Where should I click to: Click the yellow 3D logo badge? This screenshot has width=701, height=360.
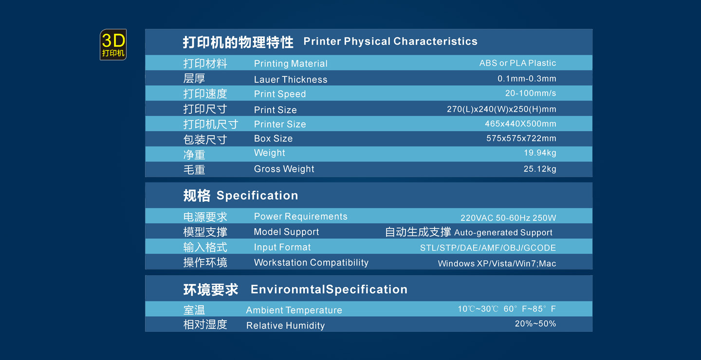pos(113,44)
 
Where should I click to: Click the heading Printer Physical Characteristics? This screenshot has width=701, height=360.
pos(390,41)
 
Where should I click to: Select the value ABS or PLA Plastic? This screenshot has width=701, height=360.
pos(517,63)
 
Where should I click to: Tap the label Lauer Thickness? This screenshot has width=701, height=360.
pos(291,79)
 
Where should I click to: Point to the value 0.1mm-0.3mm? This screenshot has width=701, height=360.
pos(527,78)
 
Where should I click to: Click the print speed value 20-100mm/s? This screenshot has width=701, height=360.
pos(531,93)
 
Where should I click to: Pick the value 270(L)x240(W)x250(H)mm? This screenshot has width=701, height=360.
pos(501,109)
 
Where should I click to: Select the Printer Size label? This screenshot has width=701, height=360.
pos(280,124)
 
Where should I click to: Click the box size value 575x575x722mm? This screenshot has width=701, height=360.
pos(521,138)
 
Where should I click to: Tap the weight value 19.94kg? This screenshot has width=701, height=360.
pos(540,153)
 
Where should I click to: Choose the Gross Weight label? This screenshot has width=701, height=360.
pos(284,169)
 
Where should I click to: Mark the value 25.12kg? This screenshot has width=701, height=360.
pos(540,169)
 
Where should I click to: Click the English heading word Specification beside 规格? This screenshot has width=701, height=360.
pos(257,196)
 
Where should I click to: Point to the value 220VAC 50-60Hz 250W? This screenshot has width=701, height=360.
pos(508,217)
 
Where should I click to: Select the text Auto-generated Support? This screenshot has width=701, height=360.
pos(503,233)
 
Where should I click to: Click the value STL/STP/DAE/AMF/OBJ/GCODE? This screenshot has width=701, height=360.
pos(488,248)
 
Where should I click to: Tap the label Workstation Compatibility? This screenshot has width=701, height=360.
pos(311,262)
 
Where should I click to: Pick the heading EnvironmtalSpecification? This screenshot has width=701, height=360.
pos(329,289)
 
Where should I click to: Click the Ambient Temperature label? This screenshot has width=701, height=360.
pos(294,310)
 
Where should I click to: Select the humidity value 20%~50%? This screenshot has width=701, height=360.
pos(535,324)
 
